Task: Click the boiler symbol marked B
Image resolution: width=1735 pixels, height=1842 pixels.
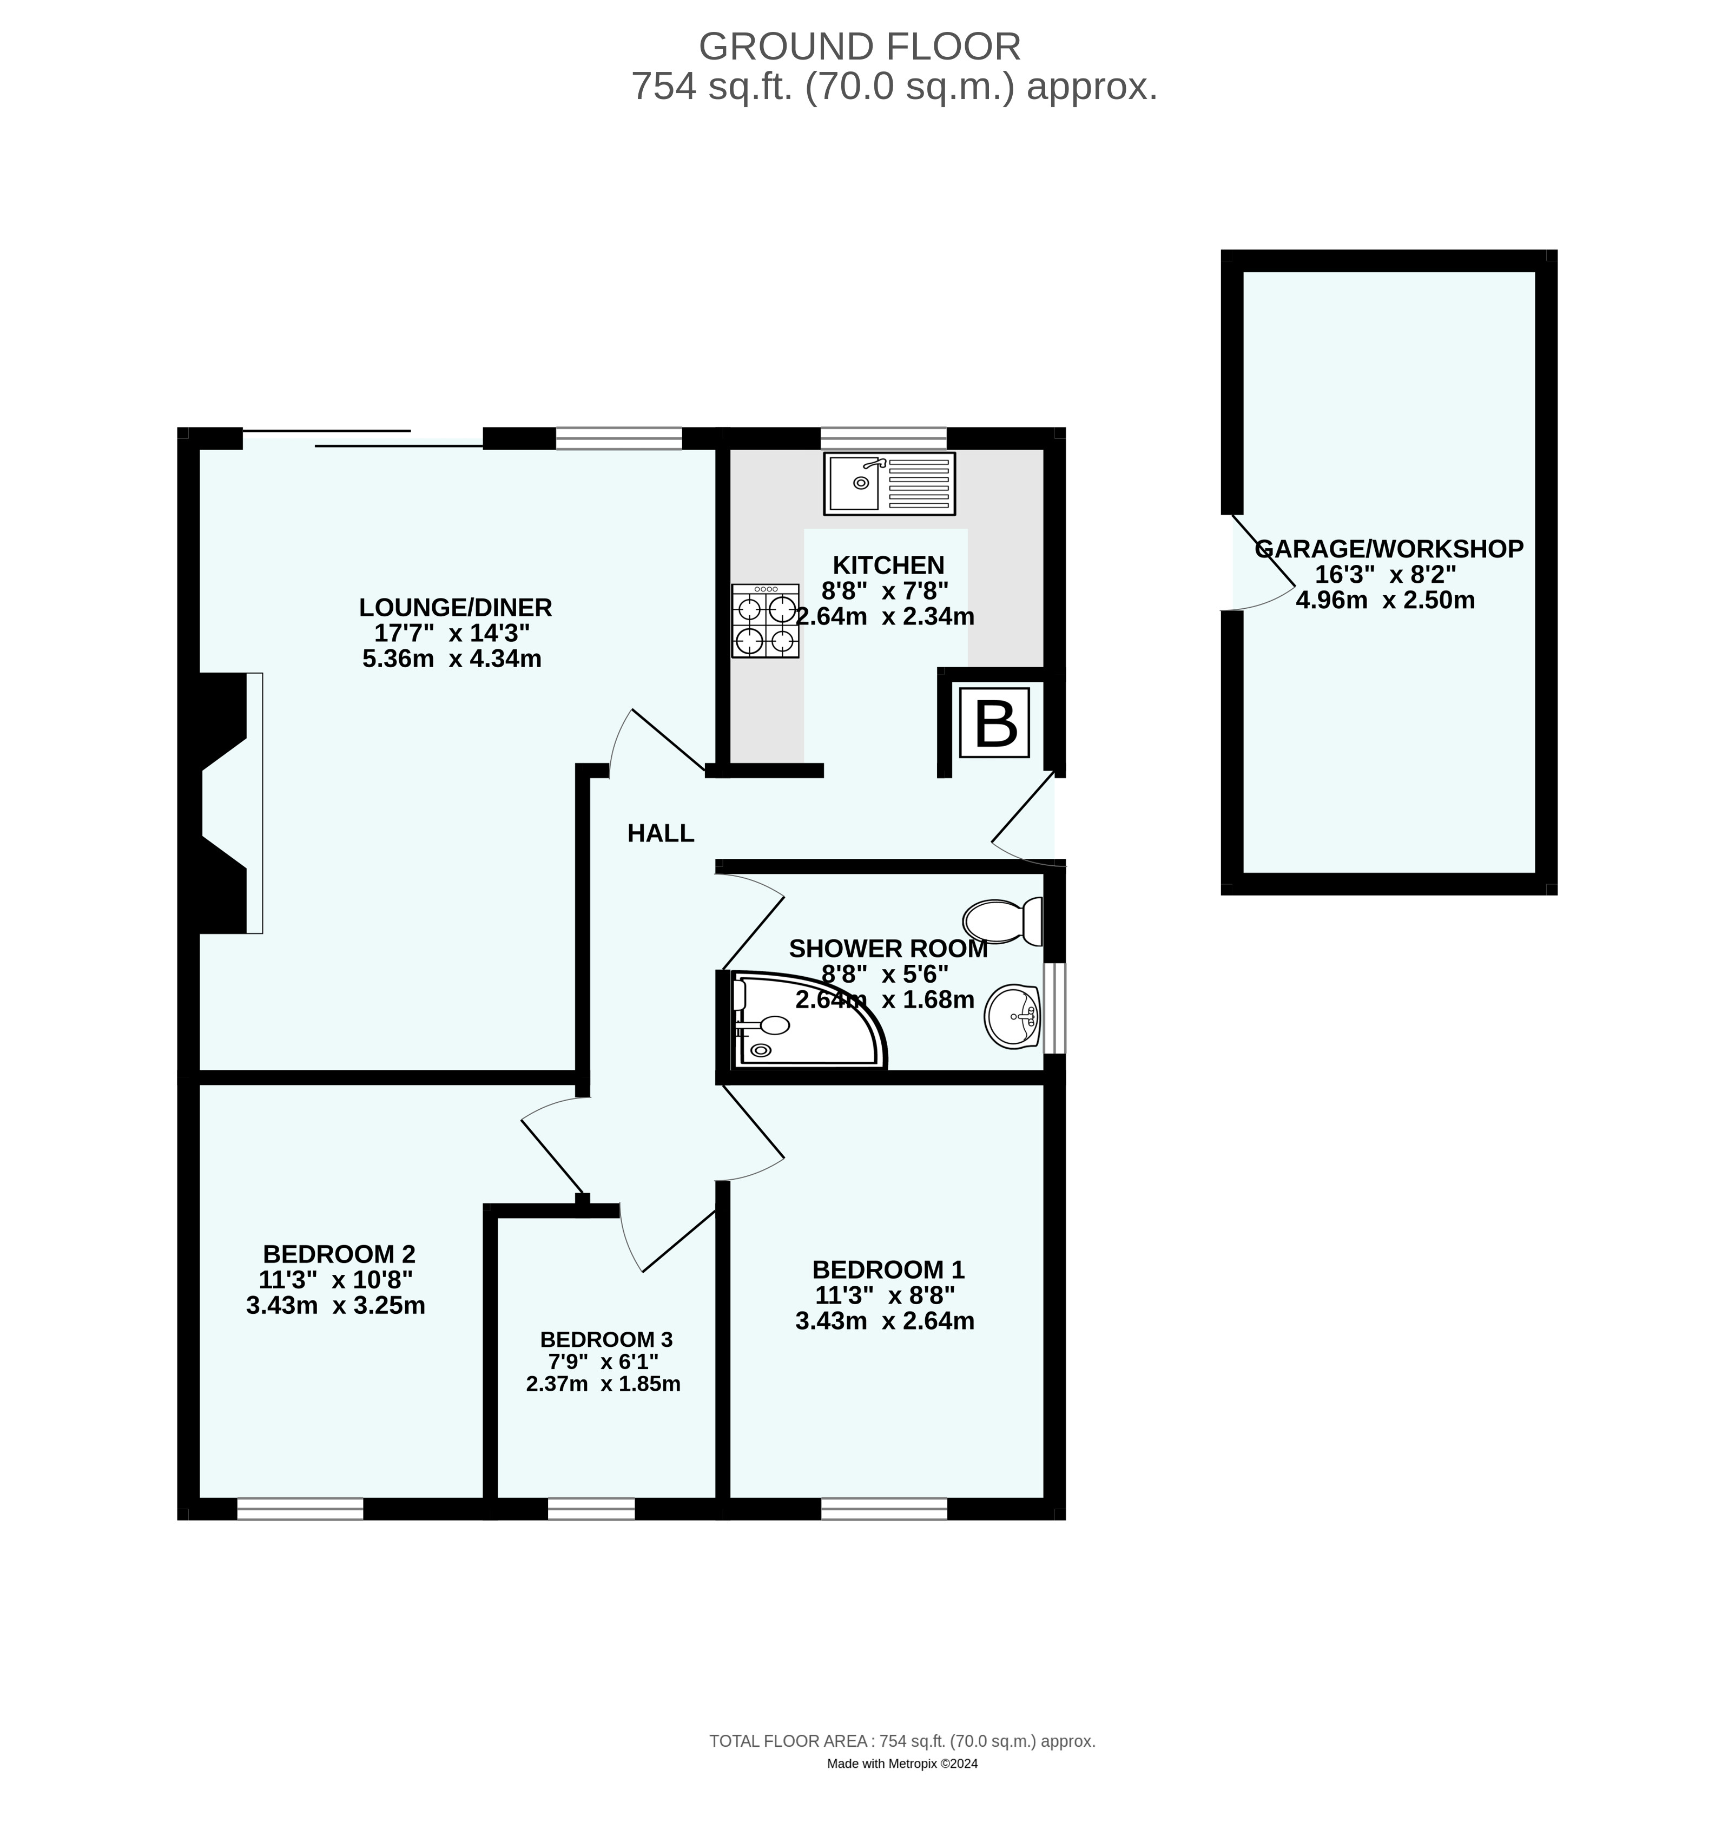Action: (x=994, y=723)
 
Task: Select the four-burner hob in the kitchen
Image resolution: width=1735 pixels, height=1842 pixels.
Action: (x=765, y=621)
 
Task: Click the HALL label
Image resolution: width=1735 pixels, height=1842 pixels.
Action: (x=661, y=833)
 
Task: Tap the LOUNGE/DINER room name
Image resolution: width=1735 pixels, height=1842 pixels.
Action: (x=455, y=608)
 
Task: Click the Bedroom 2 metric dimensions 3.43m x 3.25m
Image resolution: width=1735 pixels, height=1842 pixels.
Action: (x=335, y=1306)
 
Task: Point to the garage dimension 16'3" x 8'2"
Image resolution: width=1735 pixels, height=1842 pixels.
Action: (x=1385, y=575)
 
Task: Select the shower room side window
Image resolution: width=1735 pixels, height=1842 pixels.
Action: (x=1054, y=1008)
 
